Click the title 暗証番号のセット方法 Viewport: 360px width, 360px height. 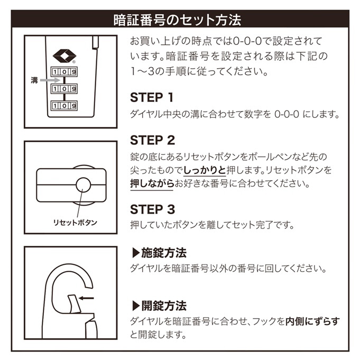tap(180, 20)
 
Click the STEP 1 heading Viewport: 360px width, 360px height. tap(152, 98)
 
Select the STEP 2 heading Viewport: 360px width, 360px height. tap(152, 141)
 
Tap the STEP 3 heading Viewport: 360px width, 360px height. tap(152, 209)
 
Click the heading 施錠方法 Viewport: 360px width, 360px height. tap(159, 253)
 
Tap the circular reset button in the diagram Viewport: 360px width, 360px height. tap(83, 184)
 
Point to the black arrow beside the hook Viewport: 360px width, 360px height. tap(86, 299)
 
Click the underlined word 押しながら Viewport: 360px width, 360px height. tap(152, 184)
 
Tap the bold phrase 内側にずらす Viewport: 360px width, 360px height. tap(311, 321)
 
